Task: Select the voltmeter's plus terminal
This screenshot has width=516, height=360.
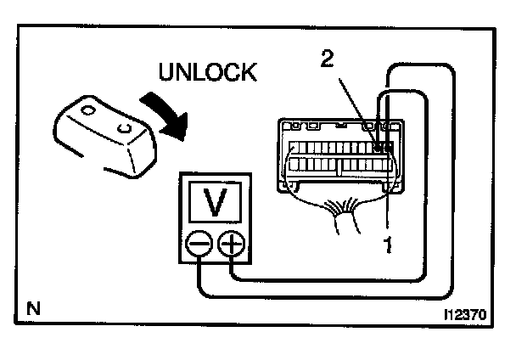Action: tap(231, 245)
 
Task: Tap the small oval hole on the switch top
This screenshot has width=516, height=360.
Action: tap(87, 110)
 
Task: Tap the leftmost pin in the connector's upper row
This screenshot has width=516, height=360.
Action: tap(294, 147)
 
